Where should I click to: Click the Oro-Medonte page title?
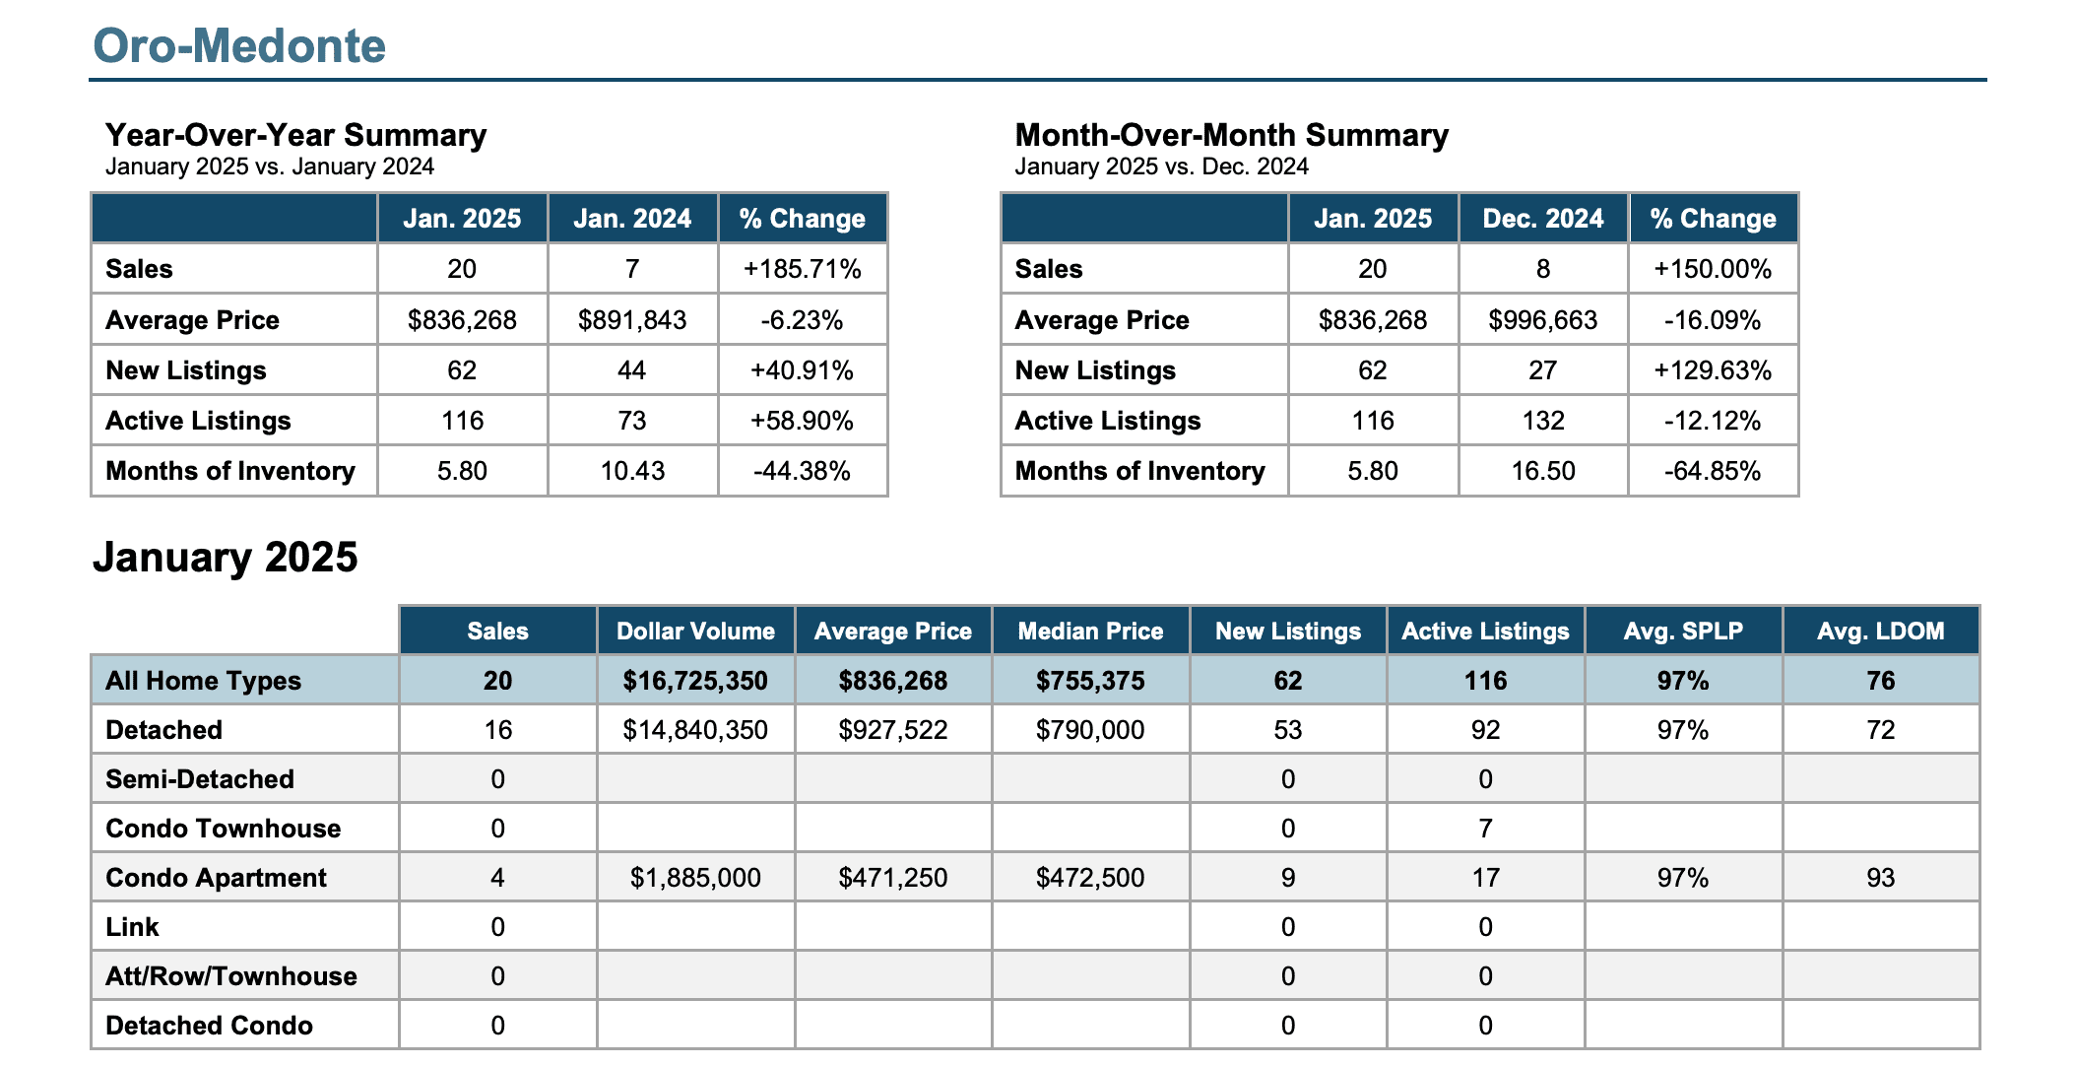(239, 45)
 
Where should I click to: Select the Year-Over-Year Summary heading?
(295, 135)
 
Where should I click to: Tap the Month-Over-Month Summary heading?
(1231, 135)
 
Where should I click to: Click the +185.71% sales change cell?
(803, 269)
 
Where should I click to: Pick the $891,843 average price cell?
(632, 320)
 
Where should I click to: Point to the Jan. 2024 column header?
(632, 219)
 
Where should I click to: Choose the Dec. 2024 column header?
(1543, 219)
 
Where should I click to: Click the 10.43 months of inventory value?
(632, 471)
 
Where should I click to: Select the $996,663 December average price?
(1543, 320)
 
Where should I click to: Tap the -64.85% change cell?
(1713, 471)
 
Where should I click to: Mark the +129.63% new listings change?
(1713, 370)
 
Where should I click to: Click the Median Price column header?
(1090, 632)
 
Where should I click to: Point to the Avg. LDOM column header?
(1881, 632)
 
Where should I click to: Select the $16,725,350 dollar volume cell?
(695, 681)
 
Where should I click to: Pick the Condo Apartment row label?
(216, 878)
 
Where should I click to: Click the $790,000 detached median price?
(1090, 730)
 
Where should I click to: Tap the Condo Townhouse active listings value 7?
(1485, 829)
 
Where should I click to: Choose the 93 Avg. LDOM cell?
(1881, 878)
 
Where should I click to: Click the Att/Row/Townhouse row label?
(231, 976)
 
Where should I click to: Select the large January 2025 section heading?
(226, 558)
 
